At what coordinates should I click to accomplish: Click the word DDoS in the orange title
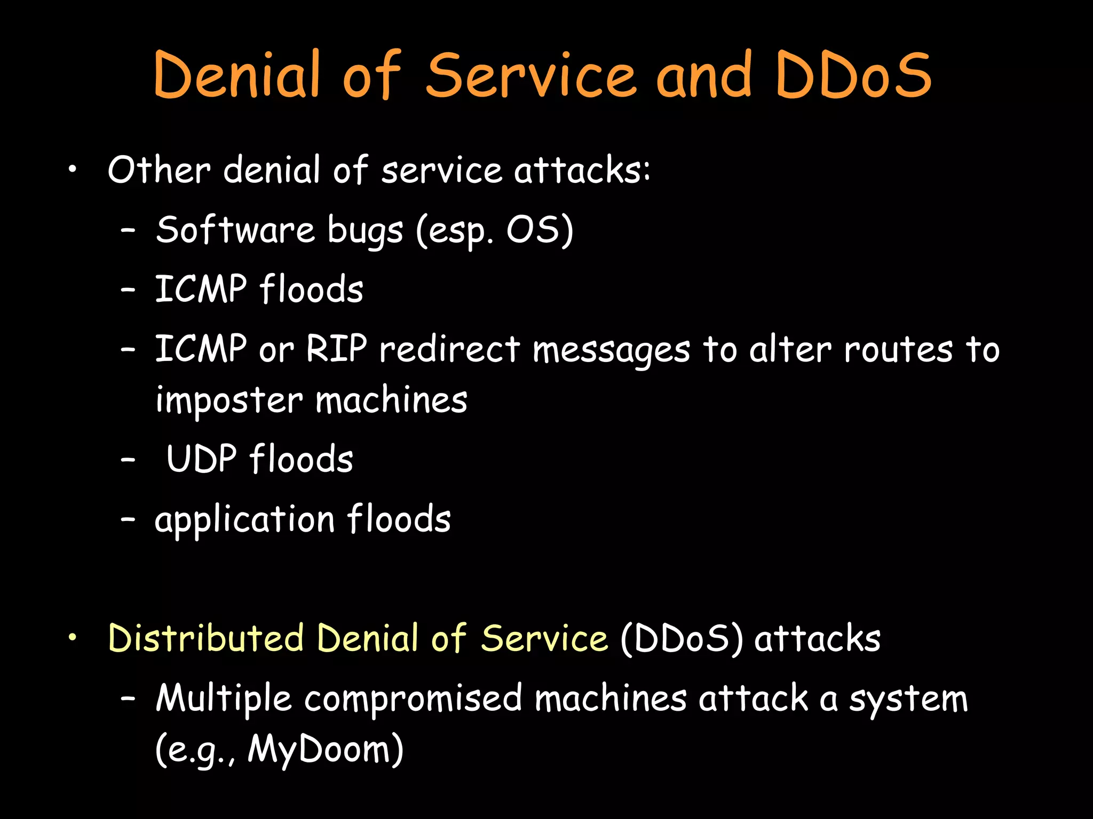pyautogui.click(x=853, y=76)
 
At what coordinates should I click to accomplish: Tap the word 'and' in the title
pyautogui.click(x=704, y=76)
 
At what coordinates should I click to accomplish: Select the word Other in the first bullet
pyautogui.click(x=159, y=171)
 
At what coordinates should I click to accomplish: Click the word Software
pyautogui.click(x=235, y=230)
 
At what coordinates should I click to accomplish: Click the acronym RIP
pyautogui.click(x=337, y=349)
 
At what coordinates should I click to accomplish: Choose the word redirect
pyautogui.click(x=449, y=349)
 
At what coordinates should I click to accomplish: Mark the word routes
pyautogui.click(x=898, y=350)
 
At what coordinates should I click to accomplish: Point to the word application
pyautogui.click(x=244, y=520)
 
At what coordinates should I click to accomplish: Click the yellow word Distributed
pyautogui.click(x=205, y=638)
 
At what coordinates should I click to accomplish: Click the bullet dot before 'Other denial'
pyautogui.click(x=73, y=171)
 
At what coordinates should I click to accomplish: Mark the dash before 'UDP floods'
pyautogui.click(x=128, y=460)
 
